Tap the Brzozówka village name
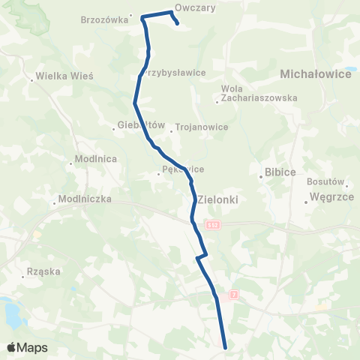click(x=104, y=20)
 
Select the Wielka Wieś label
click(x=64, y=76)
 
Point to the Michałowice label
click(x=316, y=74)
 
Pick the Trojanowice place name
click(x=202, y=127)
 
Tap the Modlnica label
click(x=95, y=160)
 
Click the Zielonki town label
click(x=223, y=199)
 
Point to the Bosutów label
click(x=325, y=181)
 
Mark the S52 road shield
click(x=212, y=226)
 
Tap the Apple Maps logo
click(x=27, y=347)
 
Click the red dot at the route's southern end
click(x=226, y=346)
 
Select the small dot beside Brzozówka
click(x=131, y=14)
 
